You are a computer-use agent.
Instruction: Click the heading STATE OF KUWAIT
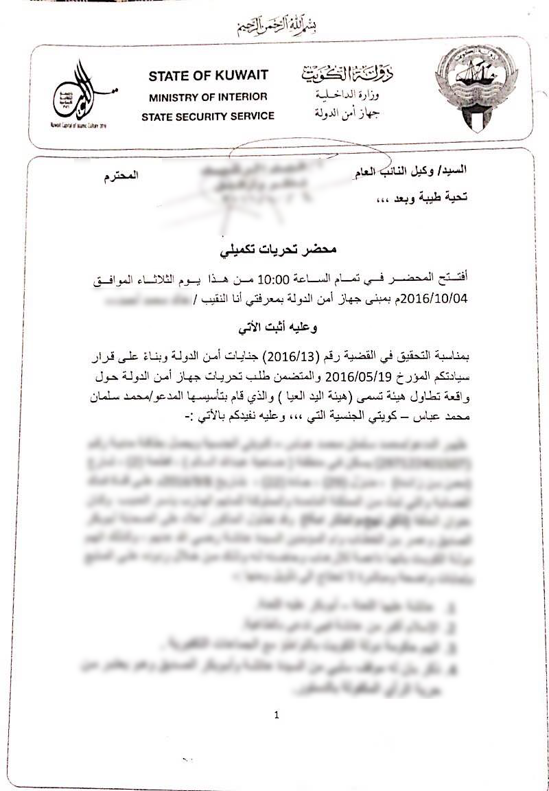click(208, 76)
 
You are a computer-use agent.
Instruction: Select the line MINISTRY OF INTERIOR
click(208, 97)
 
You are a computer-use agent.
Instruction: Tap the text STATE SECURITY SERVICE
click(208, 117)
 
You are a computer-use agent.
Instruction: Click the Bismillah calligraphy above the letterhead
click(274, 25)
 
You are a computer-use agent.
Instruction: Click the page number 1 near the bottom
click(277, 715)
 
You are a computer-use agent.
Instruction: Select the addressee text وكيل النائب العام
click(398, 170)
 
